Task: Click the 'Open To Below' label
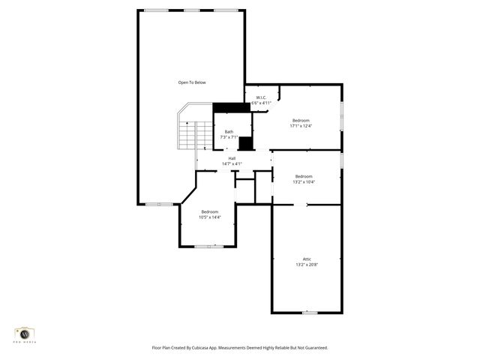coord(191,82)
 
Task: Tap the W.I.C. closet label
coord(261,97)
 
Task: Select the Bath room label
coord(229,132)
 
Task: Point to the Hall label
coord(232,158)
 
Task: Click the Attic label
coord(306,259)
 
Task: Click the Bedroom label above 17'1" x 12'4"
coord(301,121)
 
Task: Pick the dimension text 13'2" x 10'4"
coord(304,181)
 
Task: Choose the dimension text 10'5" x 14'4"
coord(210,217)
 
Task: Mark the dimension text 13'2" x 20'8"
coord(306,265)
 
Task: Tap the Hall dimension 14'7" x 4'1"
coord(232,163)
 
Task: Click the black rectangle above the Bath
coord(231,107)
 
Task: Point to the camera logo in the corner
coord(25,333)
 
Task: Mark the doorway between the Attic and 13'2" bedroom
coord(300,204)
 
